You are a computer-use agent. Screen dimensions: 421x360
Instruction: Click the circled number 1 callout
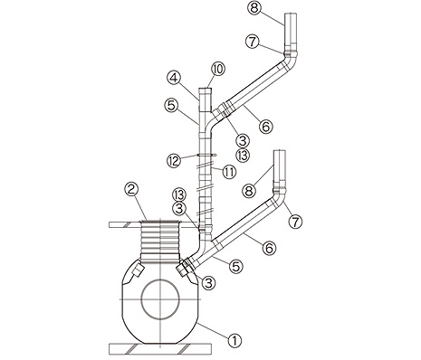(x=235, y=341)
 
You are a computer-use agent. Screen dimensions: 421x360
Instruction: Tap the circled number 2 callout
(x=131, y=190)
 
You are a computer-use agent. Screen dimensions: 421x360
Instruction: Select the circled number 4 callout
(x=175, y=79)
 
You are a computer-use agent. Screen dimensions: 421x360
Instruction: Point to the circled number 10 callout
(x=218, y=69)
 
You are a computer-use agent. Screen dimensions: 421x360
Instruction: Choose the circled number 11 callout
(x=229, y=172)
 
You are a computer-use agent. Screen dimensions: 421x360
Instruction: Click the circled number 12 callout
(x=174, y=160)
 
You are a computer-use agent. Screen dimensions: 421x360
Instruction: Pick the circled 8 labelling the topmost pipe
(x=254, y=8)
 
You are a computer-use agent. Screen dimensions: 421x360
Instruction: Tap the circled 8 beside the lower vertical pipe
(x=250, y=191)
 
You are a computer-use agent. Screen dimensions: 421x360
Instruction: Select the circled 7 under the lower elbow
(x=295, y=222)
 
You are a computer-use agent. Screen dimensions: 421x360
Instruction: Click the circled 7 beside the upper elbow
(x=253, y=42)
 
